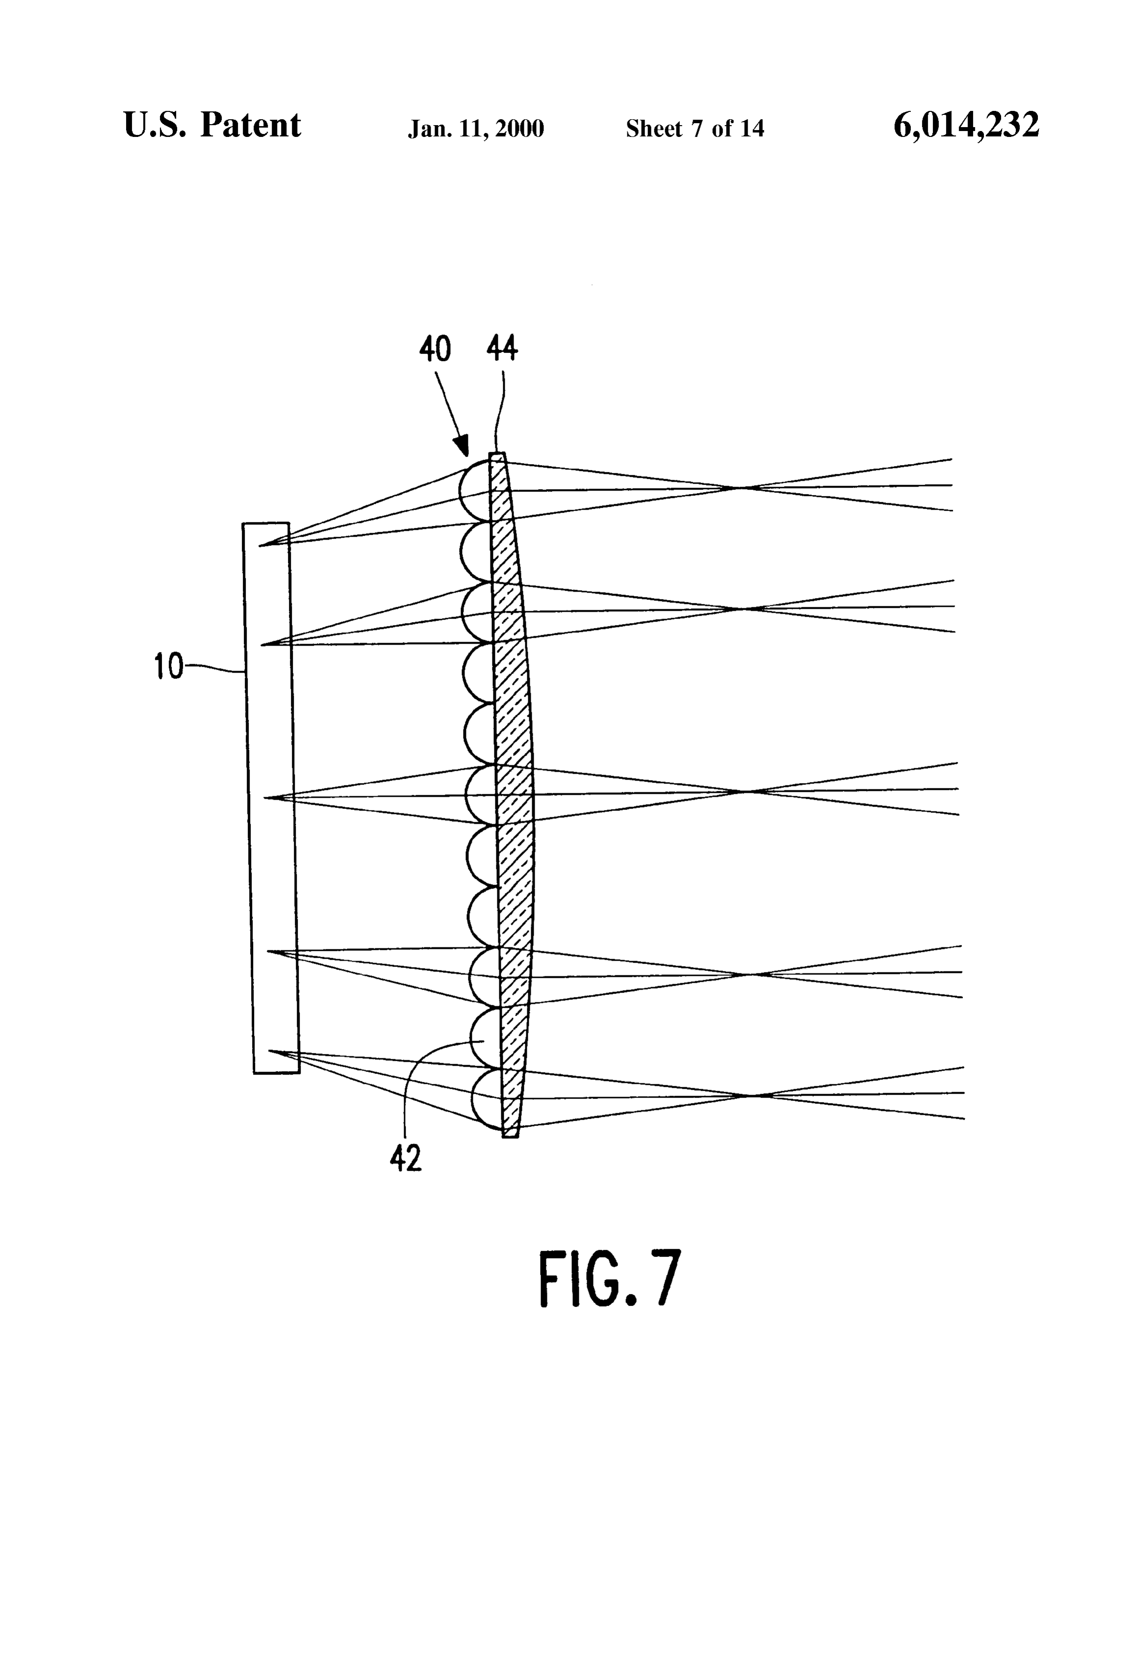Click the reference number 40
435,349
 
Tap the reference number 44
502,348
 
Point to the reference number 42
406,1159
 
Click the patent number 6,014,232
966,125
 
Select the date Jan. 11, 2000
476,129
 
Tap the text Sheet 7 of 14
695,128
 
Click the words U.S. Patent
212,125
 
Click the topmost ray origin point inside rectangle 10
260,546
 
